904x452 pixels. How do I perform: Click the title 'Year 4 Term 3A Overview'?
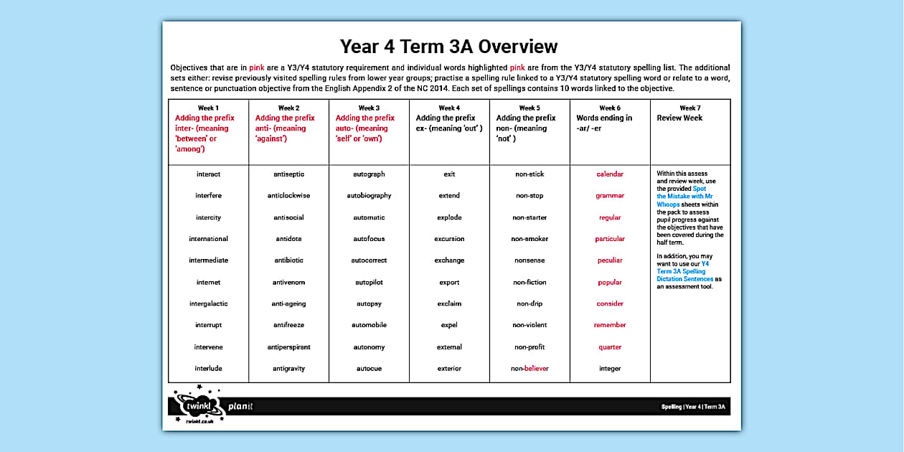point(448,47)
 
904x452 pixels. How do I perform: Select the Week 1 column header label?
point(208,108)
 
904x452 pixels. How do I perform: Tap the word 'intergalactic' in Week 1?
point(208,303)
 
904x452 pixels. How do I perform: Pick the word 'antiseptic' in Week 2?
point(288,174)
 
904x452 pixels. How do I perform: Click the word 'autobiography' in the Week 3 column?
point(369,196)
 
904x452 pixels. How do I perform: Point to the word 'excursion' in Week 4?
point(449,239)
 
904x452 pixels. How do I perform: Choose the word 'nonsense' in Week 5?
point(529,260)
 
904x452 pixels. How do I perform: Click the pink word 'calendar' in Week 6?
point(610,174)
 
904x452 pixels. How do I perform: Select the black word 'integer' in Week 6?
point(610,369)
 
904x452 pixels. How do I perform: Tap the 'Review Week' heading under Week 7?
point(679,118)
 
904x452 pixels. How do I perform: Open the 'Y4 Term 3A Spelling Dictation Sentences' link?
point(682,271)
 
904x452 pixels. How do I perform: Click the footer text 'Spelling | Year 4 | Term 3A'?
point(693,407)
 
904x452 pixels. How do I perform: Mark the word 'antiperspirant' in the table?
point(288,347)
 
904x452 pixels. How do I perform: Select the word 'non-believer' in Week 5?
point(529,369)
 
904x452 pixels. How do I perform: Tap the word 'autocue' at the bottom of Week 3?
point(369,369)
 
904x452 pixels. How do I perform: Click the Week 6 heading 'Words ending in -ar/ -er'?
point(604,123)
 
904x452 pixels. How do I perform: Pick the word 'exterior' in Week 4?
point(449,369)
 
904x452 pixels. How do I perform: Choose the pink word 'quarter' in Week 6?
point(610,347)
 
